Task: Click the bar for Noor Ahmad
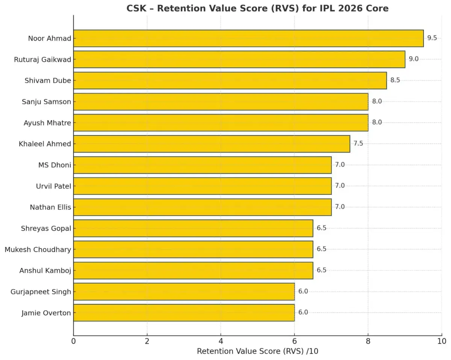248,38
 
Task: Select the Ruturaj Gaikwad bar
239,59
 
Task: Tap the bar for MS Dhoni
202,165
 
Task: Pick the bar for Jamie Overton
184,313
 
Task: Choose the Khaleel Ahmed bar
211,144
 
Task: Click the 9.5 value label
432,38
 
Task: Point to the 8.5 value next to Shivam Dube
395,80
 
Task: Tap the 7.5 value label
358,144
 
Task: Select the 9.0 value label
413,59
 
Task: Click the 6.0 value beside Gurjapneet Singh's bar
303,292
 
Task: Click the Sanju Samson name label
46,102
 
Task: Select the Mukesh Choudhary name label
38,249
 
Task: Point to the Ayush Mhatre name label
47,123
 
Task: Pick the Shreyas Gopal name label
46,228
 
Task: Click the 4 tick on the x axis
221,341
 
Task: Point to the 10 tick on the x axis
442,341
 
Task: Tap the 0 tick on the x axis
73,341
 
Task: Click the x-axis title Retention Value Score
257,351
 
